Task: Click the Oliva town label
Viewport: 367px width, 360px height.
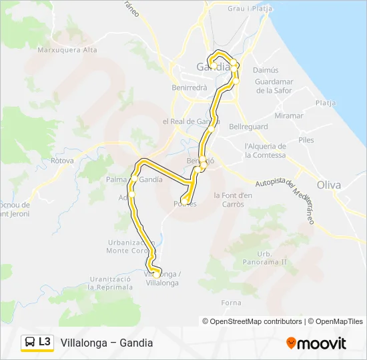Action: (328, 185)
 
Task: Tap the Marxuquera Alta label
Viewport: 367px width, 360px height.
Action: (67, 50)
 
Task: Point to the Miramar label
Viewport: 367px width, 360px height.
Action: (288, 115)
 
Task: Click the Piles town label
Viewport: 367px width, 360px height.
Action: (306, 140)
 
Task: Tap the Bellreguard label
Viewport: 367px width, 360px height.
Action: (248, 127)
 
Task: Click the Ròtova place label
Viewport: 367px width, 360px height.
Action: (62, 161)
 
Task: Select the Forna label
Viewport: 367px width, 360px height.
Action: (232, 303)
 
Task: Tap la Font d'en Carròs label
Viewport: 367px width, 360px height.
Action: (233, 199)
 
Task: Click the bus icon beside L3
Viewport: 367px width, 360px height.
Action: (30, 342)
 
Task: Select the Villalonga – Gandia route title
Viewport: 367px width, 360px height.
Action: (107, 343)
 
